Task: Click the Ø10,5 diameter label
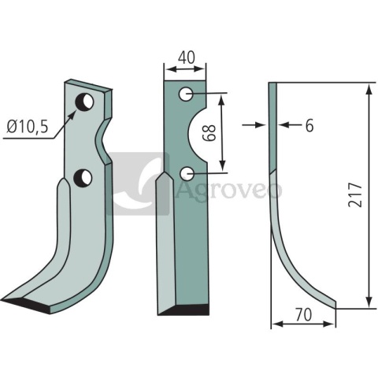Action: point(28,127)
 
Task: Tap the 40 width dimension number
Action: point(186,57)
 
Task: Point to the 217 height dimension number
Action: point(355,195)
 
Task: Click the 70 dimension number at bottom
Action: point(303,314)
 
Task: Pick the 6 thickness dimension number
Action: point(309,125)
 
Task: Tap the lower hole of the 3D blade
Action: point(83,177)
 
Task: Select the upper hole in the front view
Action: point(186,94)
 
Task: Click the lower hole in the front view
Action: point(187,173)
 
